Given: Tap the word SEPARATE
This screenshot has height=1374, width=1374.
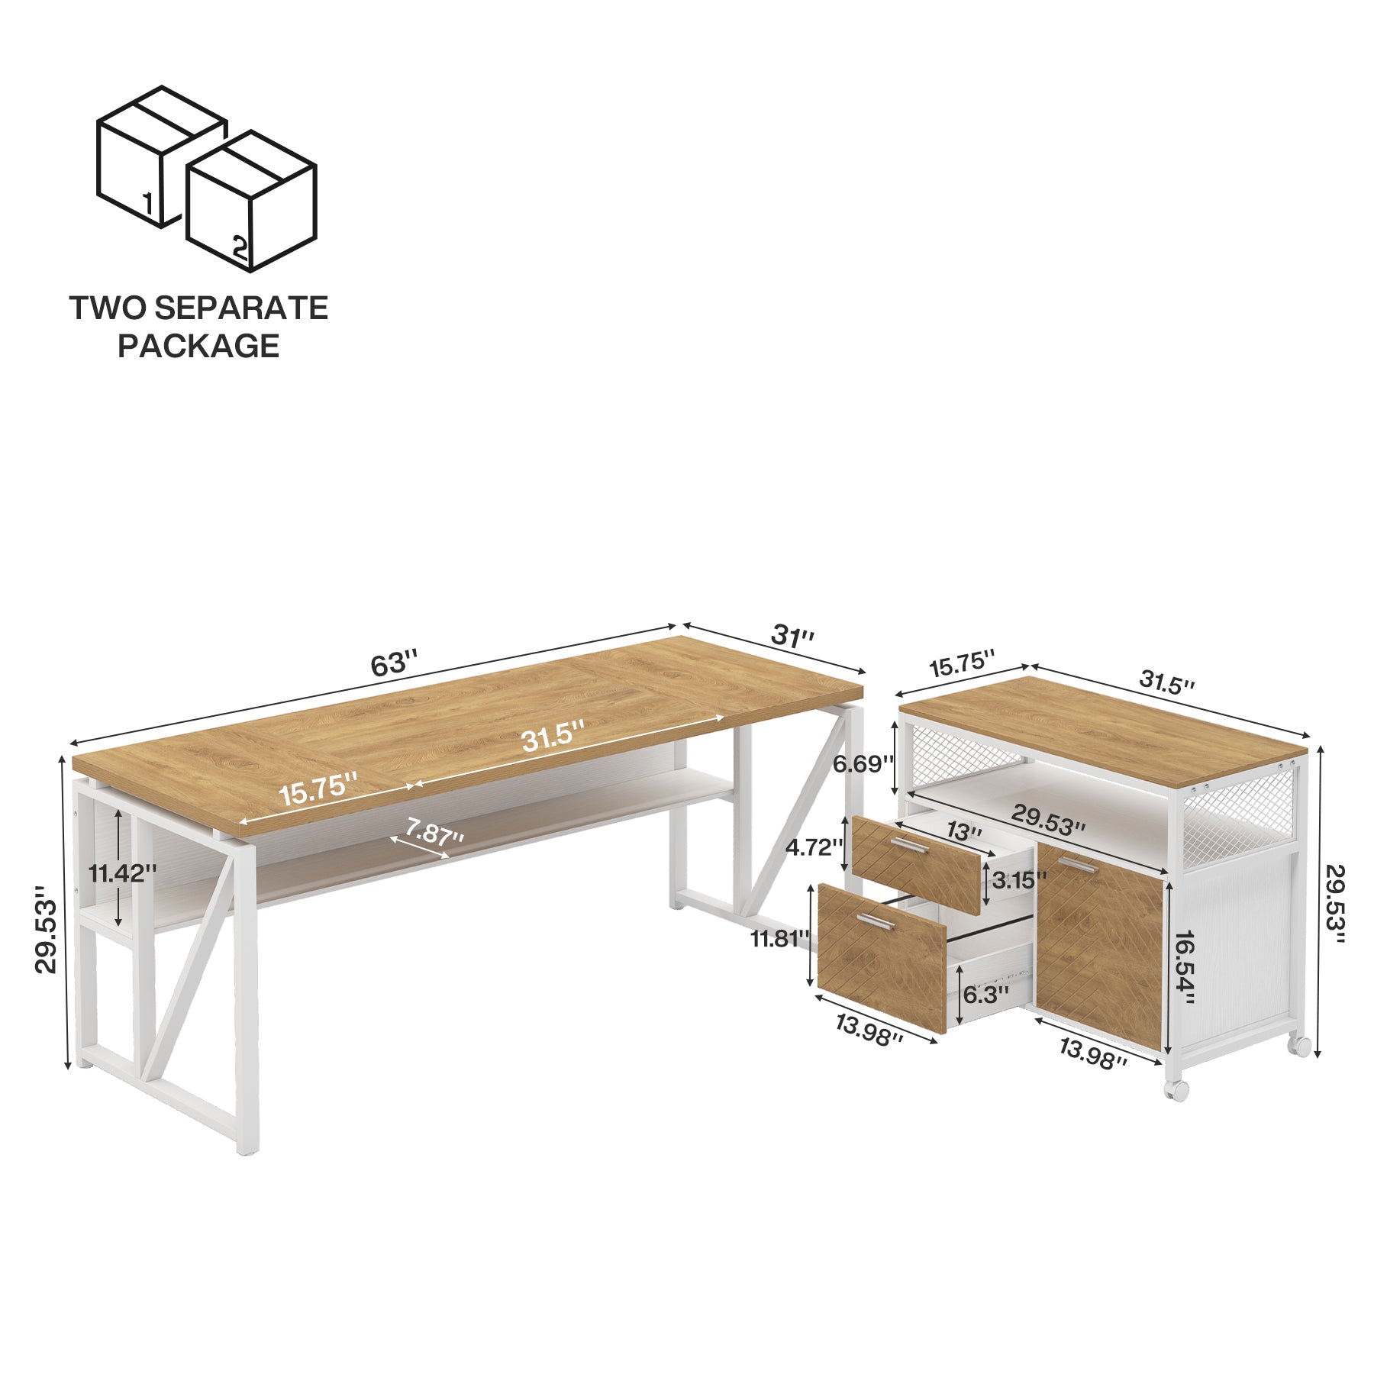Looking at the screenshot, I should click(x=241, y=308).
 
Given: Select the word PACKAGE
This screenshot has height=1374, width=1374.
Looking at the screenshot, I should click(x=198, y=346).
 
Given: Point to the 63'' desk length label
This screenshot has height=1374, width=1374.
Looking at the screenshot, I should click(x=394, y=663).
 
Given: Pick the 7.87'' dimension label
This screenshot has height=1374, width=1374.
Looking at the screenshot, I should click(x=434, y=831).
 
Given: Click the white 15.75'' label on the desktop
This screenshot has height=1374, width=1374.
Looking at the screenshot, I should click(x=318, y=789).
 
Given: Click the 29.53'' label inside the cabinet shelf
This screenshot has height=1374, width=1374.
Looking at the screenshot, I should click(x=1048, y=818).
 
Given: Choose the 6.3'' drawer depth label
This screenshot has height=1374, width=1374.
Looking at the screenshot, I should click(x=985, y=995).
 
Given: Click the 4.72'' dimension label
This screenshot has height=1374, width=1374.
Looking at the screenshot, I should click(x=814, y=847).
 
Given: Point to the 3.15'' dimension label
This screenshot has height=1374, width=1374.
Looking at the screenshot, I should click(x=1019, y=880).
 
